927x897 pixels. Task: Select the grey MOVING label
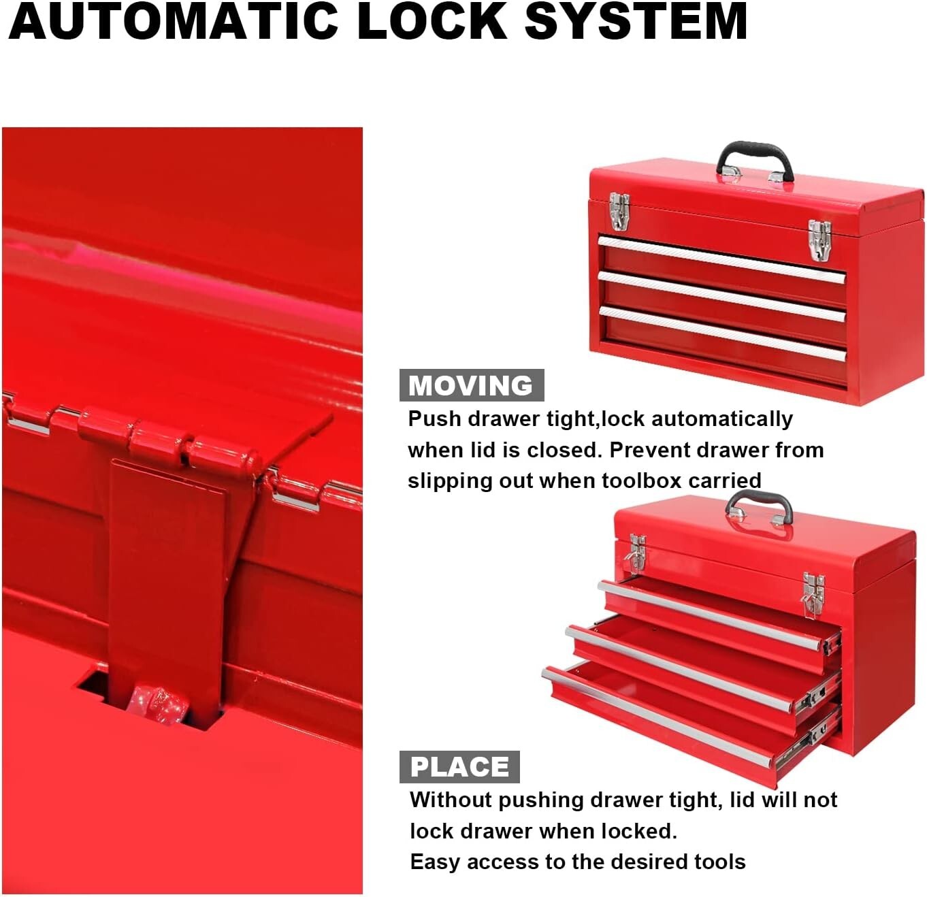tap(471, 385)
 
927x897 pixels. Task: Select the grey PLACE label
tap(459, 767)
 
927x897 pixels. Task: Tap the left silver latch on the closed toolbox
tap(619, 210)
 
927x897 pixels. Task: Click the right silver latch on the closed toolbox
tap(819, 240)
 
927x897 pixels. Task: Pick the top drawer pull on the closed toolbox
tap(721, 259)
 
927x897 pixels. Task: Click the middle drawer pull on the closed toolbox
tap(721, 295)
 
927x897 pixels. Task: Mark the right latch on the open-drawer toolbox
tap(813, 593)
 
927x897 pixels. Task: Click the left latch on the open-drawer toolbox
tap(637, 551)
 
